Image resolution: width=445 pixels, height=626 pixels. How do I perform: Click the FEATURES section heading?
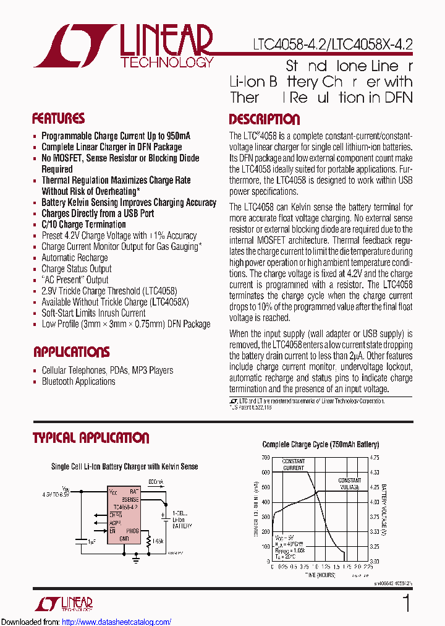(x=58, y=119)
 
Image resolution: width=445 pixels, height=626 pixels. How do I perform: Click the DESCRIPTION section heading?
(x=264, y=119)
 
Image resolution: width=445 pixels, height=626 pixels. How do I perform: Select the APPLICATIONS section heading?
(x=71, y=352)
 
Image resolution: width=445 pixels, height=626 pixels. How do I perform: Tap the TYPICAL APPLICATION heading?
(x=91, y=438)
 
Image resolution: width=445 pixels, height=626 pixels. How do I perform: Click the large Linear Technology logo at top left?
(x=124, y=46)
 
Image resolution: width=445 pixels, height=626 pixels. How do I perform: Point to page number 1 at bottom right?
(x=406, y=603)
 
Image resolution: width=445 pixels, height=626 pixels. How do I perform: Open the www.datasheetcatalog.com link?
(x=117, y=622)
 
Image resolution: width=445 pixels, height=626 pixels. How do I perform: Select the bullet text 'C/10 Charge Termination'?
(x=83, y=225)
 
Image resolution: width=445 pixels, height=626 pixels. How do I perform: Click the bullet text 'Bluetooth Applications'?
(x=78, y=382)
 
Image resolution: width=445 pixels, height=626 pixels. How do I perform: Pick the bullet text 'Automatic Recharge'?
(x=74, y=258)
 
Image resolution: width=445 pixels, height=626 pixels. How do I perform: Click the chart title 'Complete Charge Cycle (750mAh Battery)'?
(x=320, y=444)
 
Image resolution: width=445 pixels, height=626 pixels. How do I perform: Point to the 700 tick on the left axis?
(x=265, y=458)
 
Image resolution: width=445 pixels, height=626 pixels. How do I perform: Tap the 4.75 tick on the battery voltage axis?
(x=375, y=458)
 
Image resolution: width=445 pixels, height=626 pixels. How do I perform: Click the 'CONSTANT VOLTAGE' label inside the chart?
(x=349, y=484)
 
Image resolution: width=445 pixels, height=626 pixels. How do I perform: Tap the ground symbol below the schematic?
(x=136, y=560)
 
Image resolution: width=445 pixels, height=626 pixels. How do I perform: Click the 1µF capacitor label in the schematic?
(x=91, y=542)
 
